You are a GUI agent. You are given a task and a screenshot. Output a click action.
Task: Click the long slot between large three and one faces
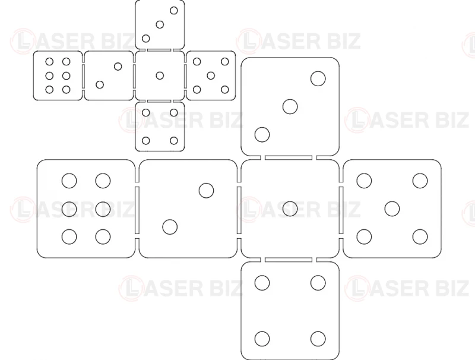(x=289, y=157)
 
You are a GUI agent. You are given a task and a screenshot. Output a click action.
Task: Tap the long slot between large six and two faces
(x=137, y=210)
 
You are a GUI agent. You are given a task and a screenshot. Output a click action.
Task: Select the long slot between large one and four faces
(x=289, y=260)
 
